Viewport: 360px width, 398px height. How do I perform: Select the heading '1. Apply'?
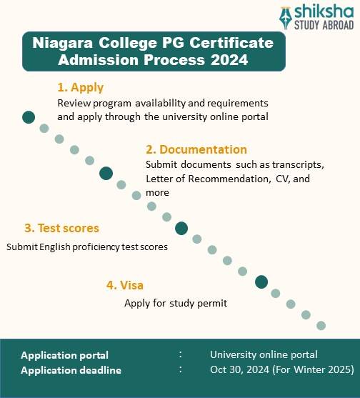[x=80, y=88]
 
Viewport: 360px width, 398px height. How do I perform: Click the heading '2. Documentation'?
[x=196, y=149]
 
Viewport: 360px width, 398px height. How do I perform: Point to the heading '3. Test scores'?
[x=61, y=229]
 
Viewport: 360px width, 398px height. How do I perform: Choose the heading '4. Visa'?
[x=125, y=285]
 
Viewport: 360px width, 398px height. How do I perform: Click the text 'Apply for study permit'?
[x=175, y=303]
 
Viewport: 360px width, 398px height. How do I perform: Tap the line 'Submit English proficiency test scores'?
[x=87, y=247]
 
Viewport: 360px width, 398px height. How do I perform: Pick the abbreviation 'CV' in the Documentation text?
[x=281, y=179]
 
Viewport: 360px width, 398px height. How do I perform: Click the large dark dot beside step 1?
[x=29, y=117]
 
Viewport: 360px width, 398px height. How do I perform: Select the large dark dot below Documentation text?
[x=106, y=172]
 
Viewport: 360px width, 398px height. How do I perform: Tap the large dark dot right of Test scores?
[x=181, y=228]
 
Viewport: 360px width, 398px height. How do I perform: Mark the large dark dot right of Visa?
[x=261, y=282]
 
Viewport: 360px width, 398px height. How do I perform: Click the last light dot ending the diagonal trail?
[x=321, y=325]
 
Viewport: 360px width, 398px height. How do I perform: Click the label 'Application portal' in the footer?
[x=65, y=354]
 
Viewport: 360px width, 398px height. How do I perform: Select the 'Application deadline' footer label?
[x=71, y=370]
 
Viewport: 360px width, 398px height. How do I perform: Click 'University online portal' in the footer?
[x=264, y=354]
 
